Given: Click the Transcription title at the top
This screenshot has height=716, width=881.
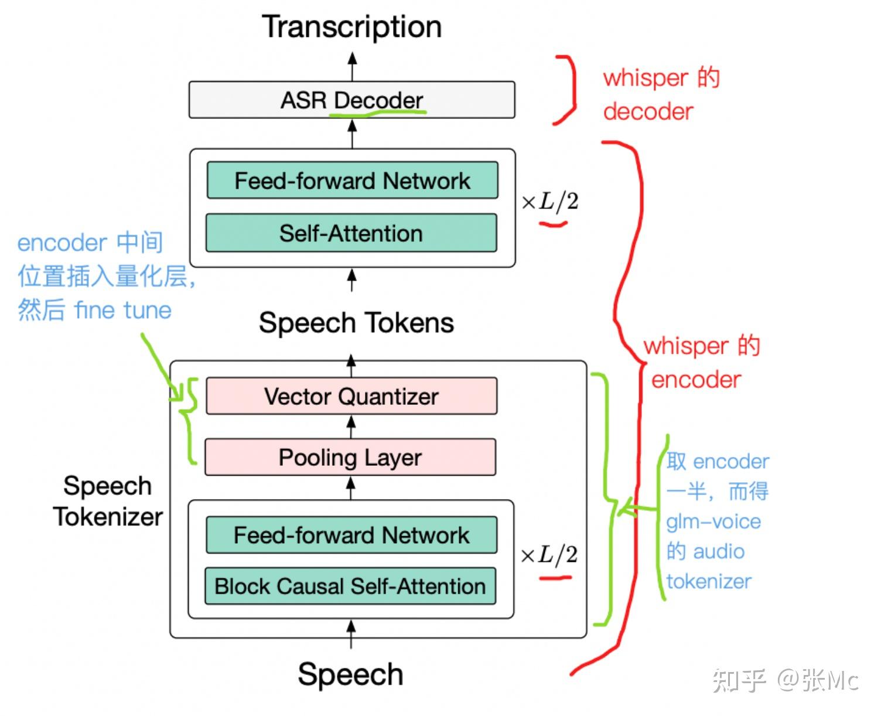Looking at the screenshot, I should pos(351,27).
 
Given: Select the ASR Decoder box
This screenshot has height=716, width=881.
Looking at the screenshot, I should pos(351,100).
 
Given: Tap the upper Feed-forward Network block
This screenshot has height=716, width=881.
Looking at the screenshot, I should pos(352,180).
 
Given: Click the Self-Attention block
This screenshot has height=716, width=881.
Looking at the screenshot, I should pos(351,233).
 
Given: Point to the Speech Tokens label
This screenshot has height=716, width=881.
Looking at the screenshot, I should pos(356,323).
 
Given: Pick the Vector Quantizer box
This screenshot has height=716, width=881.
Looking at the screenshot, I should pos(351,397).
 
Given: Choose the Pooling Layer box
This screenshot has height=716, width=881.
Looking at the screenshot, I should pos(350,458).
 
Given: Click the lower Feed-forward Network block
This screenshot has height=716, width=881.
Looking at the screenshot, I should pos(351,535).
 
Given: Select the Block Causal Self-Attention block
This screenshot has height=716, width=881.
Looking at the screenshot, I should pos(350,586).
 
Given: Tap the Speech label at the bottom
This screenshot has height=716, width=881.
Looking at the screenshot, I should pos(350,674).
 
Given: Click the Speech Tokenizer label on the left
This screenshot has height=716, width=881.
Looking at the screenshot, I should pos(108,501).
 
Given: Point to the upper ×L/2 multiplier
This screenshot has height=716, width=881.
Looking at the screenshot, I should pos(549,202).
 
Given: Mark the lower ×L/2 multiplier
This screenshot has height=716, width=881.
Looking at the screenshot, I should pos(549,554).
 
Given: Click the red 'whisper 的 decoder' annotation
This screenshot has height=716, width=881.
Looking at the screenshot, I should pos(661,94).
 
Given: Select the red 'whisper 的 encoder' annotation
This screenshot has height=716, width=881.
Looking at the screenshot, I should pos(700,363).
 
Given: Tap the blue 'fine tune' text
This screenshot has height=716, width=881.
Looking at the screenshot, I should pos(123,310).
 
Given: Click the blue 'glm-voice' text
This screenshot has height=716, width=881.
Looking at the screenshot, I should pos(713,521).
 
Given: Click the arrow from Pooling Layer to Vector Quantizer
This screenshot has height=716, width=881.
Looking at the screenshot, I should pos(351,426).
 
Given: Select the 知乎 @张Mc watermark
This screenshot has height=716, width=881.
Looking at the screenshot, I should pos(785,680).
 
